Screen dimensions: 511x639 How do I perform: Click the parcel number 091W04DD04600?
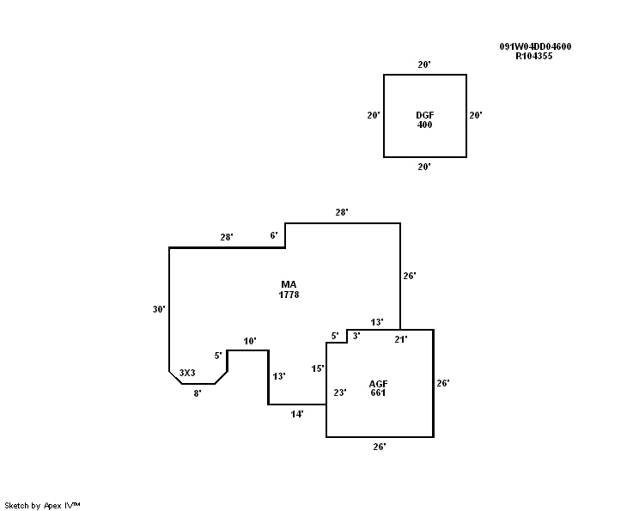[536, 47]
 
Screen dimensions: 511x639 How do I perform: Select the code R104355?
[533, 57]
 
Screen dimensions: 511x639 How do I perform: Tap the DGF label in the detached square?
[424, 115]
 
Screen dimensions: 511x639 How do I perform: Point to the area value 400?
[424, 125]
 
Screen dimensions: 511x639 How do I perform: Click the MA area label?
[289, 284]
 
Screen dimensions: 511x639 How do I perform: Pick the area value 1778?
[289, 295]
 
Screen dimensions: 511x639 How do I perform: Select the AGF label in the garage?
[378, 383]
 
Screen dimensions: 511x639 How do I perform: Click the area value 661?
[378, 393]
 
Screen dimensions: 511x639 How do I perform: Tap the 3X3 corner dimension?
[187, 373]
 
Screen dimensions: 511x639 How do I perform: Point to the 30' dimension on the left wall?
[159, 309]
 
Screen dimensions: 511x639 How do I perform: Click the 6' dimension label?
[274, 235]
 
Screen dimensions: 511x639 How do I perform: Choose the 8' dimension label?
[198, 393]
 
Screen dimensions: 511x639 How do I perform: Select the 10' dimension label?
[250, 342]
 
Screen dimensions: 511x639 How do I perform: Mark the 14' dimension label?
[297, 414]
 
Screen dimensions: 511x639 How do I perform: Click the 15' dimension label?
[318, 368]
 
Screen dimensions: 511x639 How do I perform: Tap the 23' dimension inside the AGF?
[340, 392]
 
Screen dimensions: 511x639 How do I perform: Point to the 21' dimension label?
[400, 339]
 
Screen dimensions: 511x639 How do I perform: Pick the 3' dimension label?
[356, 336]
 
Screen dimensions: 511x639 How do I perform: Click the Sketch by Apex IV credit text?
[42, 505]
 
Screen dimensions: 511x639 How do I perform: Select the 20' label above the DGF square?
[424, 64]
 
